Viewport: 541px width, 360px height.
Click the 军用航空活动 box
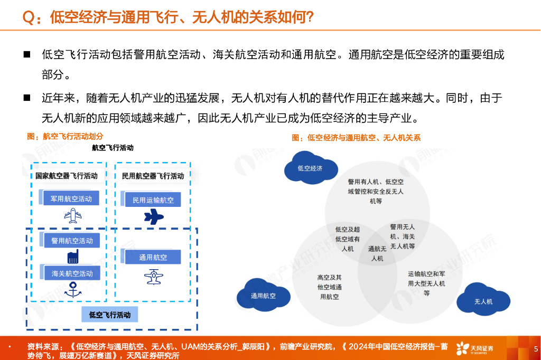click(71, 199)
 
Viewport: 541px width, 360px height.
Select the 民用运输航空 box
click(153, 200)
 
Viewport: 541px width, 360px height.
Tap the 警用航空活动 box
click(71, 240)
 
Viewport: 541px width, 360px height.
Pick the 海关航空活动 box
click(72, 273)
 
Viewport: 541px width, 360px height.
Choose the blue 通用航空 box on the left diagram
click(153, 257)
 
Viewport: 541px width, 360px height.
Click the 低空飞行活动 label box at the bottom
click(110, 315)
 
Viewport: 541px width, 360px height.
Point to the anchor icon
click(72, 289)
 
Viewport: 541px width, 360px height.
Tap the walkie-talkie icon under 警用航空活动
click(72, 256)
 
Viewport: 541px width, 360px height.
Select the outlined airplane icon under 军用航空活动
click(72, 215)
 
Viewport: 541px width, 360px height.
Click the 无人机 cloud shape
click(483, 300)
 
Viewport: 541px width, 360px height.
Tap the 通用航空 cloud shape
click(263, 295)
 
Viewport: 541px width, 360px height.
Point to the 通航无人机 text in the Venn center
click(377, 253)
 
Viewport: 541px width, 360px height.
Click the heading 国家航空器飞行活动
click(67, 176)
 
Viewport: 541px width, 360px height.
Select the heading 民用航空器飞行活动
click(153, 176)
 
